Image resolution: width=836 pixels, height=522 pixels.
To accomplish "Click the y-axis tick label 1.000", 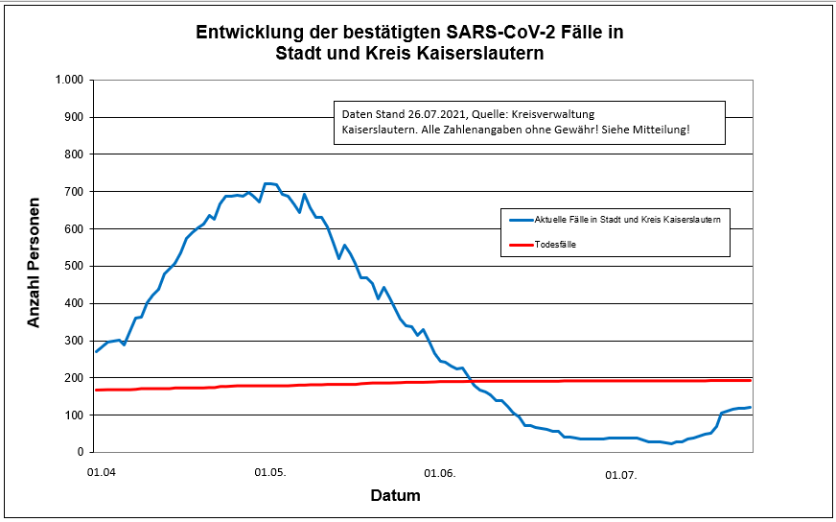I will click(x=70, y=80).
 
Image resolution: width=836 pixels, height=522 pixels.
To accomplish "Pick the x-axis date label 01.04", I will click(x=101, y=474).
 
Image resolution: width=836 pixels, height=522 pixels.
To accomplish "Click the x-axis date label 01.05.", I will click(x=270, y=474).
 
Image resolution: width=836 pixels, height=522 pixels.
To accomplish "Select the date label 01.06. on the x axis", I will click(x=440, y=474).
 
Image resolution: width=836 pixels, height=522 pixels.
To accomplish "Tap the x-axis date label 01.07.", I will click(x=621, y=474).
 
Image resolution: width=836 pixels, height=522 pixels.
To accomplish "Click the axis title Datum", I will click(x=395, y=496).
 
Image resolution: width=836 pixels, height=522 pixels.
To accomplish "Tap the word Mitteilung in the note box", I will click(x=659, y=129).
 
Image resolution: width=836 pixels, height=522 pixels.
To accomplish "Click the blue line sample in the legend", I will click(x=520, y=220).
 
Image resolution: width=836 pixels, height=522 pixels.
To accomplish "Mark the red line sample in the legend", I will click(x=520, y=245).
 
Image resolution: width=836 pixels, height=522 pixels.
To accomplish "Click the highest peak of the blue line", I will click(x=269, y=182).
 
